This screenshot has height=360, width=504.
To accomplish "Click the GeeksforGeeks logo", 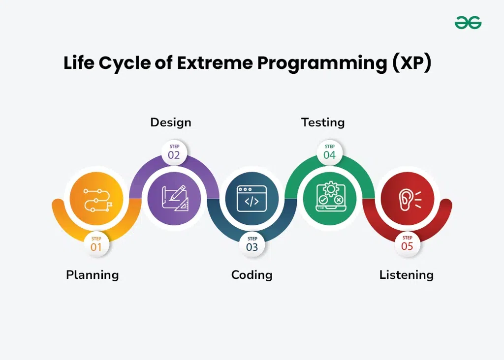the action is click(x=468, y=23).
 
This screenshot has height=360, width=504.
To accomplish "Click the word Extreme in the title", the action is click(x=215, y=62).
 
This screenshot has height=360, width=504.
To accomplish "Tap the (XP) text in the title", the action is click(x=411, y=63).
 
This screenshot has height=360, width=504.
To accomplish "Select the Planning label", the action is click(x=92, y=275).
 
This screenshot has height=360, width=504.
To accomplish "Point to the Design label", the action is click(x=171, y=122).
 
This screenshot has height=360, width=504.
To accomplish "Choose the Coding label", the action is click(x=252, y=275).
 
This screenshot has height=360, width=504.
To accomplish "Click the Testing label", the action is click(x=323, y=122).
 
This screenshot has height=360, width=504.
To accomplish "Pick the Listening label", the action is click(x=406, y=275).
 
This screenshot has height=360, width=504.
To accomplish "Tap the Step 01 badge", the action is click(x=96, y=244).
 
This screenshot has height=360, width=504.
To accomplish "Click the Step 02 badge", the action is click(x=174, y=152).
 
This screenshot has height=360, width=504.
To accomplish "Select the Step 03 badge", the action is click(x=252, y=244).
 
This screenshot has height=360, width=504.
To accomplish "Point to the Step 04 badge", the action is click(x=329, y=152).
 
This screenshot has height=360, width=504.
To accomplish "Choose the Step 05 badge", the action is click(x=407, y=244).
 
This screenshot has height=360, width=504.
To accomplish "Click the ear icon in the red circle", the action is click(x=409, y=200).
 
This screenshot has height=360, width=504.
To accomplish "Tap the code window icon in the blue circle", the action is click(x=252, y=199).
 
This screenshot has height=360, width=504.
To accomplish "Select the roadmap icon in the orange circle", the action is click(x=97, y=200).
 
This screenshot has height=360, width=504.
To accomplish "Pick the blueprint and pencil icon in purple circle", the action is click(x=175, y=198).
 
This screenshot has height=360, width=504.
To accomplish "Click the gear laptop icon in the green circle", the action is click(x=330, y=197).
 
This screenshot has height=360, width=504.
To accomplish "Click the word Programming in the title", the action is click(x=322, y=63).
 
